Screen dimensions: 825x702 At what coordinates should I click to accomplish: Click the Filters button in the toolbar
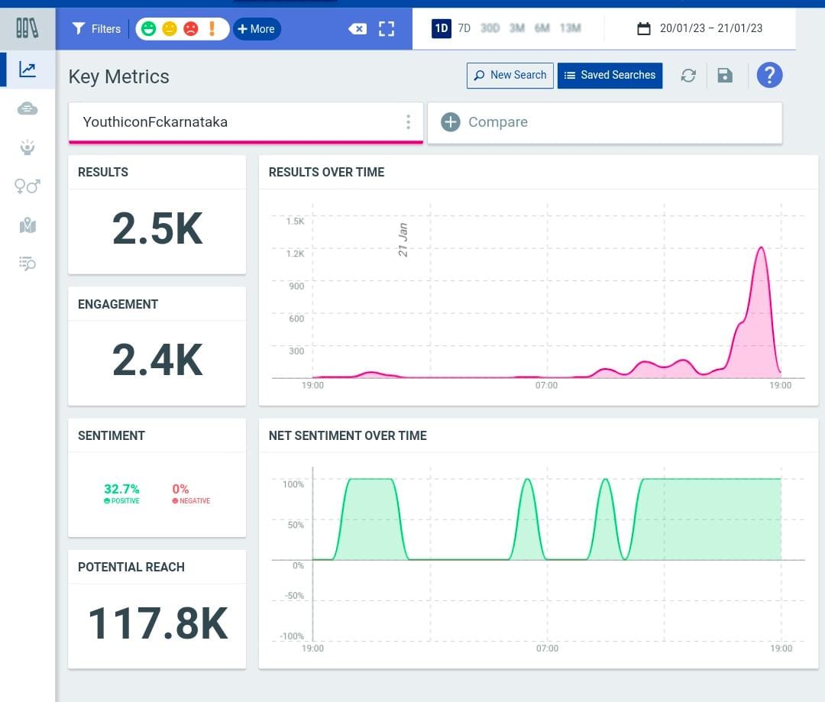tap(96, 29)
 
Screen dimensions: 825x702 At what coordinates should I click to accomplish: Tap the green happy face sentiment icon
tap(149, 28)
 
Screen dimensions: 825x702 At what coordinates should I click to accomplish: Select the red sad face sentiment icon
tap(190, 28)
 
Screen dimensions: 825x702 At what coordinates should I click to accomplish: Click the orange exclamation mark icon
tap(212, 28)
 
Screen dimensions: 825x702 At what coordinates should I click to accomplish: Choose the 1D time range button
tap(442, 28)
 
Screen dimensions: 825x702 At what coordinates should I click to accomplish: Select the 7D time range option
tap(464, 28)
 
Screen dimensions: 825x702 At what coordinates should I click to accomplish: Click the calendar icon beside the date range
tap(643, 28)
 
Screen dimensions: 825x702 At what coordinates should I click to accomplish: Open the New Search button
tap(510, 76)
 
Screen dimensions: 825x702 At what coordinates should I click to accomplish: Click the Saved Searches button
tap(610, 76)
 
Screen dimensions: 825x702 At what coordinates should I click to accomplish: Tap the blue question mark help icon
tap(769, 76)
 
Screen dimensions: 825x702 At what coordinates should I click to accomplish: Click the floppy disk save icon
tap(725, 76)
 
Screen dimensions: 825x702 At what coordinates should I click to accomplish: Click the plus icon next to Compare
tap(451, 122)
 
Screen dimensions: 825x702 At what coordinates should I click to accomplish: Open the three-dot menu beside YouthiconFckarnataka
tap(408, 122)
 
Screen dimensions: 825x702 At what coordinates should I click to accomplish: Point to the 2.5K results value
tap(157, 229)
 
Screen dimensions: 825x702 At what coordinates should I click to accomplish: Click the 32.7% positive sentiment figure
tap(121, 489)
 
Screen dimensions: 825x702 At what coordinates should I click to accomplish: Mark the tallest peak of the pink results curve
tap(761, 247)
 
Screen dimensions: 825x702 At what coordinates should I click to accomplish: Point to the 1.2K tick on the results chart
tap(295, 254)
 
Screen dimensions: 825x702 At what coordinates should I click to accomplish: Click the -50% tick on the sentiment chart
tap(294, 596)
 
